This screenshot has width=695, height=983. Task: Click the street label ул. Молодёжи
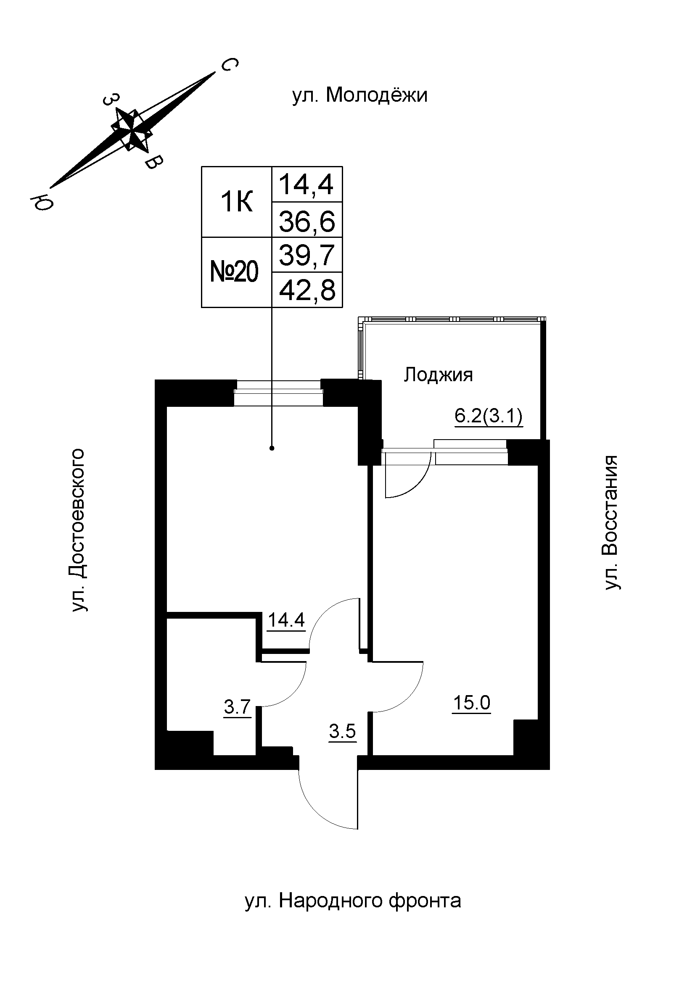[x=360, y=95]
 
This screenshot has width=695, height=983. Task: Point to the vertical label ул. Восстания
[x=612, y=522]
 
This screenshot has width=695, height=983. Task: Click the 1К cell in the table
[x=236, y=202]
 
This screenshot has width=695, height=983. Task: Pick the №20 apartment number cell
[x=235, y=272]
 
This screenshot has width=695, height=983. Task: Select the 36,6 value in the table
[x=307, y=222]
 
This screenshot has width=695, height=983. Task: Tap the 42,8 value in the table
[x=307, y=291]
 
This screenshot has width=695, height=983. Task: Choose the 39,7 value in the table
[x=307, y=256]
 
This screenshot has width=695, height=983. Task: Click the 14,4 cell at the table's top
[x=307, y=185]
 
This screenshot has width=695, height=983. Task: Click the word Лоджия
[x=439, y=375]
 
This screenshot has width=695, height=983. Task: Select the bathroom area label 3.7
[x=237, y=707]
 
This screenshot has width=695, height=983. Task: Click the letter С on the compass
[x=230, y=65]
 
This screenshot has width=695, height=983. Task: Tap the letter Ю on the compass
[x=42, y=201]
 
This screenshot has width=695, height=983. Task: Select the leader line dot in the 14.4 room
[x=272, y=448]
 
